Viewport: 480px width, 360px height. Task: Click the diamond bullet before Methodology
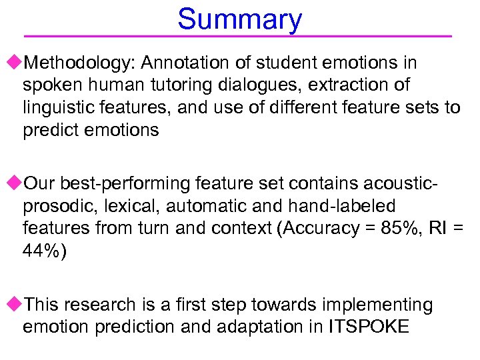pos(17,63)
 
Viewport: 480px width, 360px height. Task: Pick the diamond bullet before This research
pos(17,305)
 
